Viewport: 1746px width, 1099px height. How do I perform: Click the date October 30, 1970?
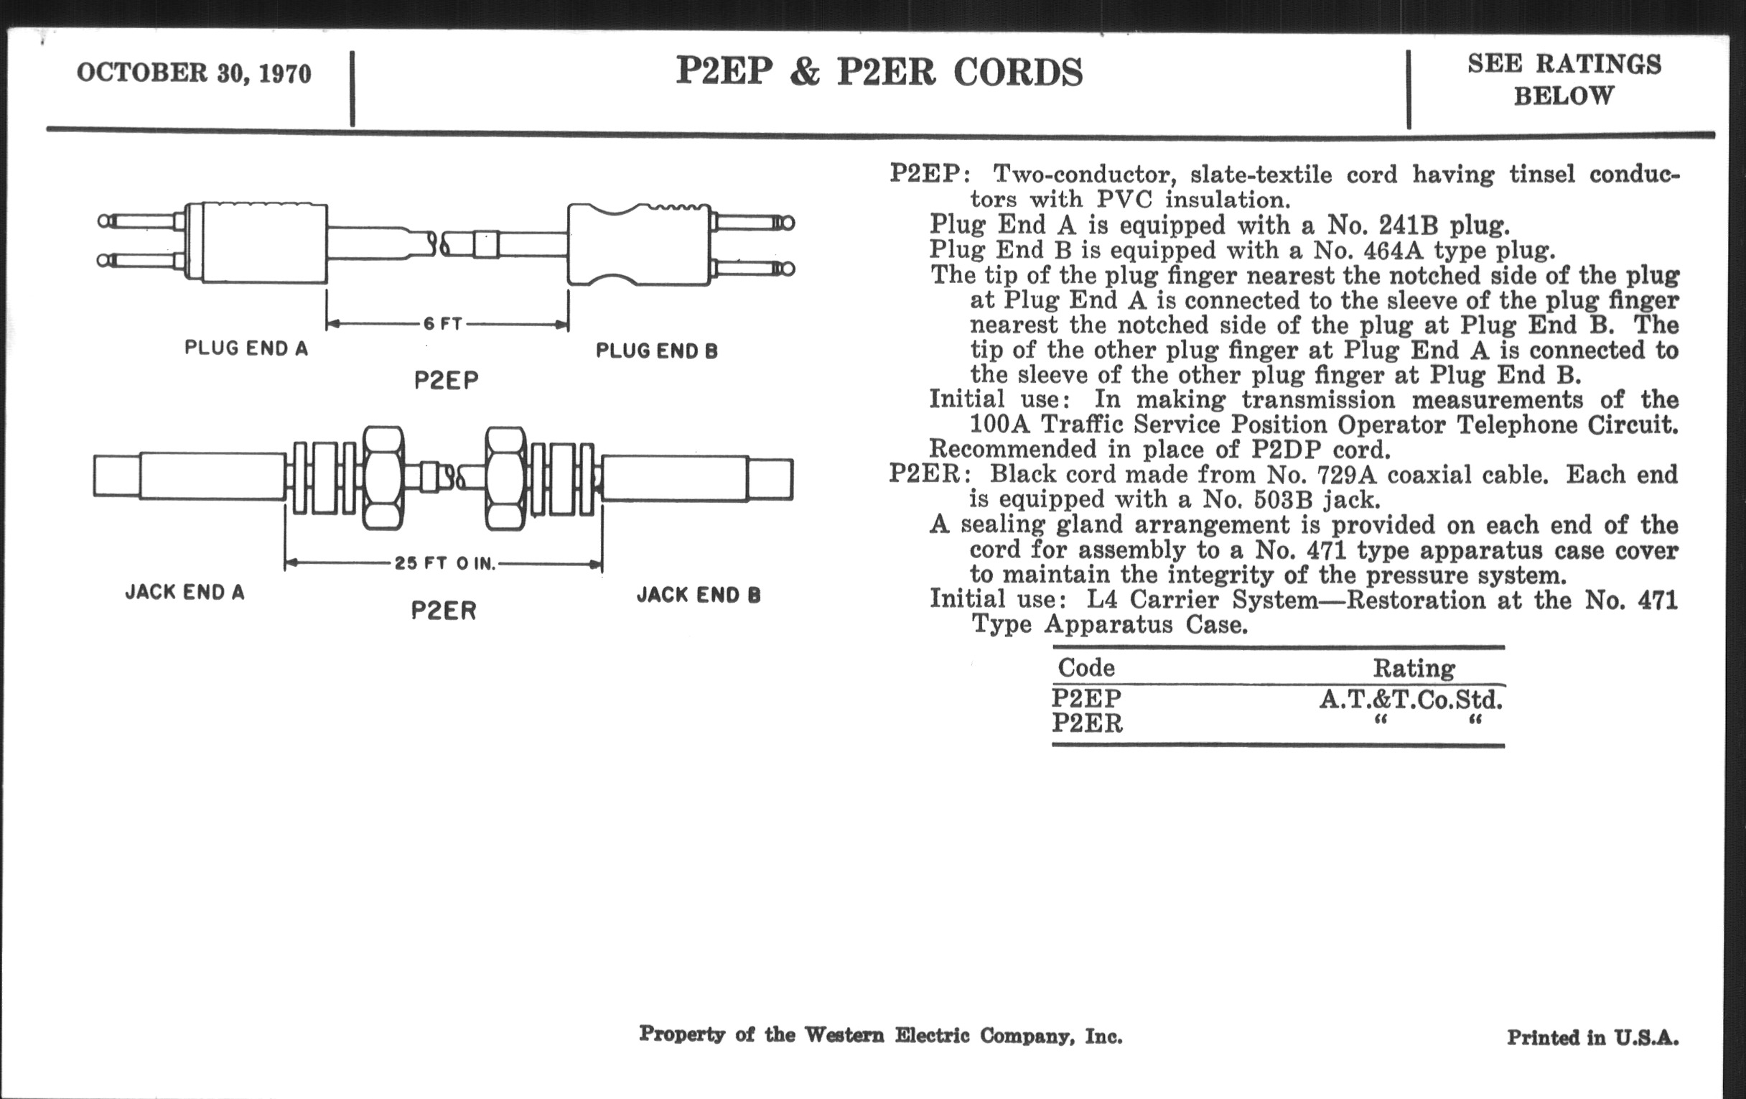click(x=194, y=73)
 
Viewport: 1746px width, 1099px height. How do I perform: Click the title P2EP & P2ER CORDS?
click(x=879, y=73)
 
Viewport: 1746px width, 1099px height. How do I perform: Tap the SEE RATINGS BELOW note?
click(x=1564, y=80)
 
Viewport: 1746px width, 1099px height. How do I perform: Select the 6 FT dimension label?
click(x=442, y=324)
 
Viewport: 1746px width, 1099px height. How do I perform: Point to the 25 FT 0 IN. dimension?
click(x=444, y=564)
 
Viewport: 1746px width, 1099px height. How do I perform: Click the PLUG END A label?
click(x=246, y=349)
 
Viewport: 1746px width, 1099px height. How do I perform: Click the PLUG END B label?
click(x=656, y=351)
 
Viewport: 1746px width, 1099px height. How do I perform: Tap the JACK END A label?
click(x=185, y=593)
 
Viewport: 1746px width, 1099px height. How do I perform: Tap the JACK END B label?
click(x=699, y=595)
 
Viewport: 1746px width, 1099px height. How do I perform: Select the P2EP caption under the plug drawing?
click(x=446, y=381)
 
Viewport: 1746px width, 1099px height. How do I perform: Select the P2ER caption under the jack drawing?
click(x=444, y=611)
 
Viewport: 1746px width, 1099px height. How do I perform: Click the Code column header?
click(x=1086, y=667)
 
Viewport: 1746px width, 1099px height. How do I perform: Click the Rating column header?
click(x=1414, y=668)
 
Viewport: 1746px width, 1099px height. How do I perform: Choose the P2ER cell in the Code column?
click(x=1087, y=724)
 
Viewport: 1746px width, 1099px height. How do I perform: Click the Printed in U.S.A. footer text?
click(x=1592, y=1038)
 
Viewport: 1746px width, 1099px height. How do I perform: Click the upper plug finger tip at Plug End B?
click(x=786, y=223)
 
